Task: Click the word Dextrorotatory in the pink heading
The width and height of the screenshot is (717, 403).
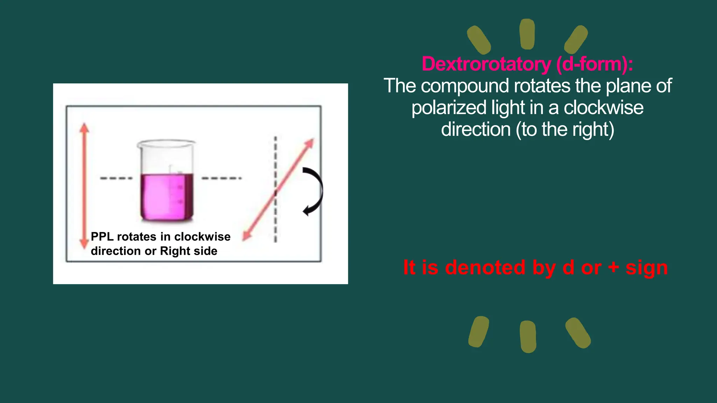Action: click(x=486, y=64)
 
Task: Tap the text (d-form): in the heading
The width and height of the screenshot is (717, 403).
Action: click(x=594, y=64)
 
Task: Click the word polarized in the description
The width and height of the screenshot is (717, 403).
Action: click(x=449, y=108)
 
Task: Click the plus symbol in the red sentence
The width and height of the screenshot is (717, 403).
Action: click(x=613, y=267)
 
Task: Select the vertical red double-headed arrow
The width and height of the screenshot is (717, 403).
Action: click(x=84, y=185)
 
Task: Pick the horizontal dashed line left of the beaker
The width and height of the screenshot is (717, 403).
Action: click(x=116, y=178)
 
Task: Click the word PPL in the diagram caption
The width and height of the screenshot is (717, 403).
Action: click(x=102, y=237)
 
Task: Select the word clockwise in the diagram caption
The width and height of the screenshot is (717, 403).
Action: click(x=202, y=237)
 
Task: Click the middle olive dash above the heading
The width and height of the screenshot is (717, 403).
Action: click(x=527, y=34)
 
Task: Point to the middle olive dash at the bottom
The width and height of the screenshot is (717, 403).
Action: click(x=528, y=337)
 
